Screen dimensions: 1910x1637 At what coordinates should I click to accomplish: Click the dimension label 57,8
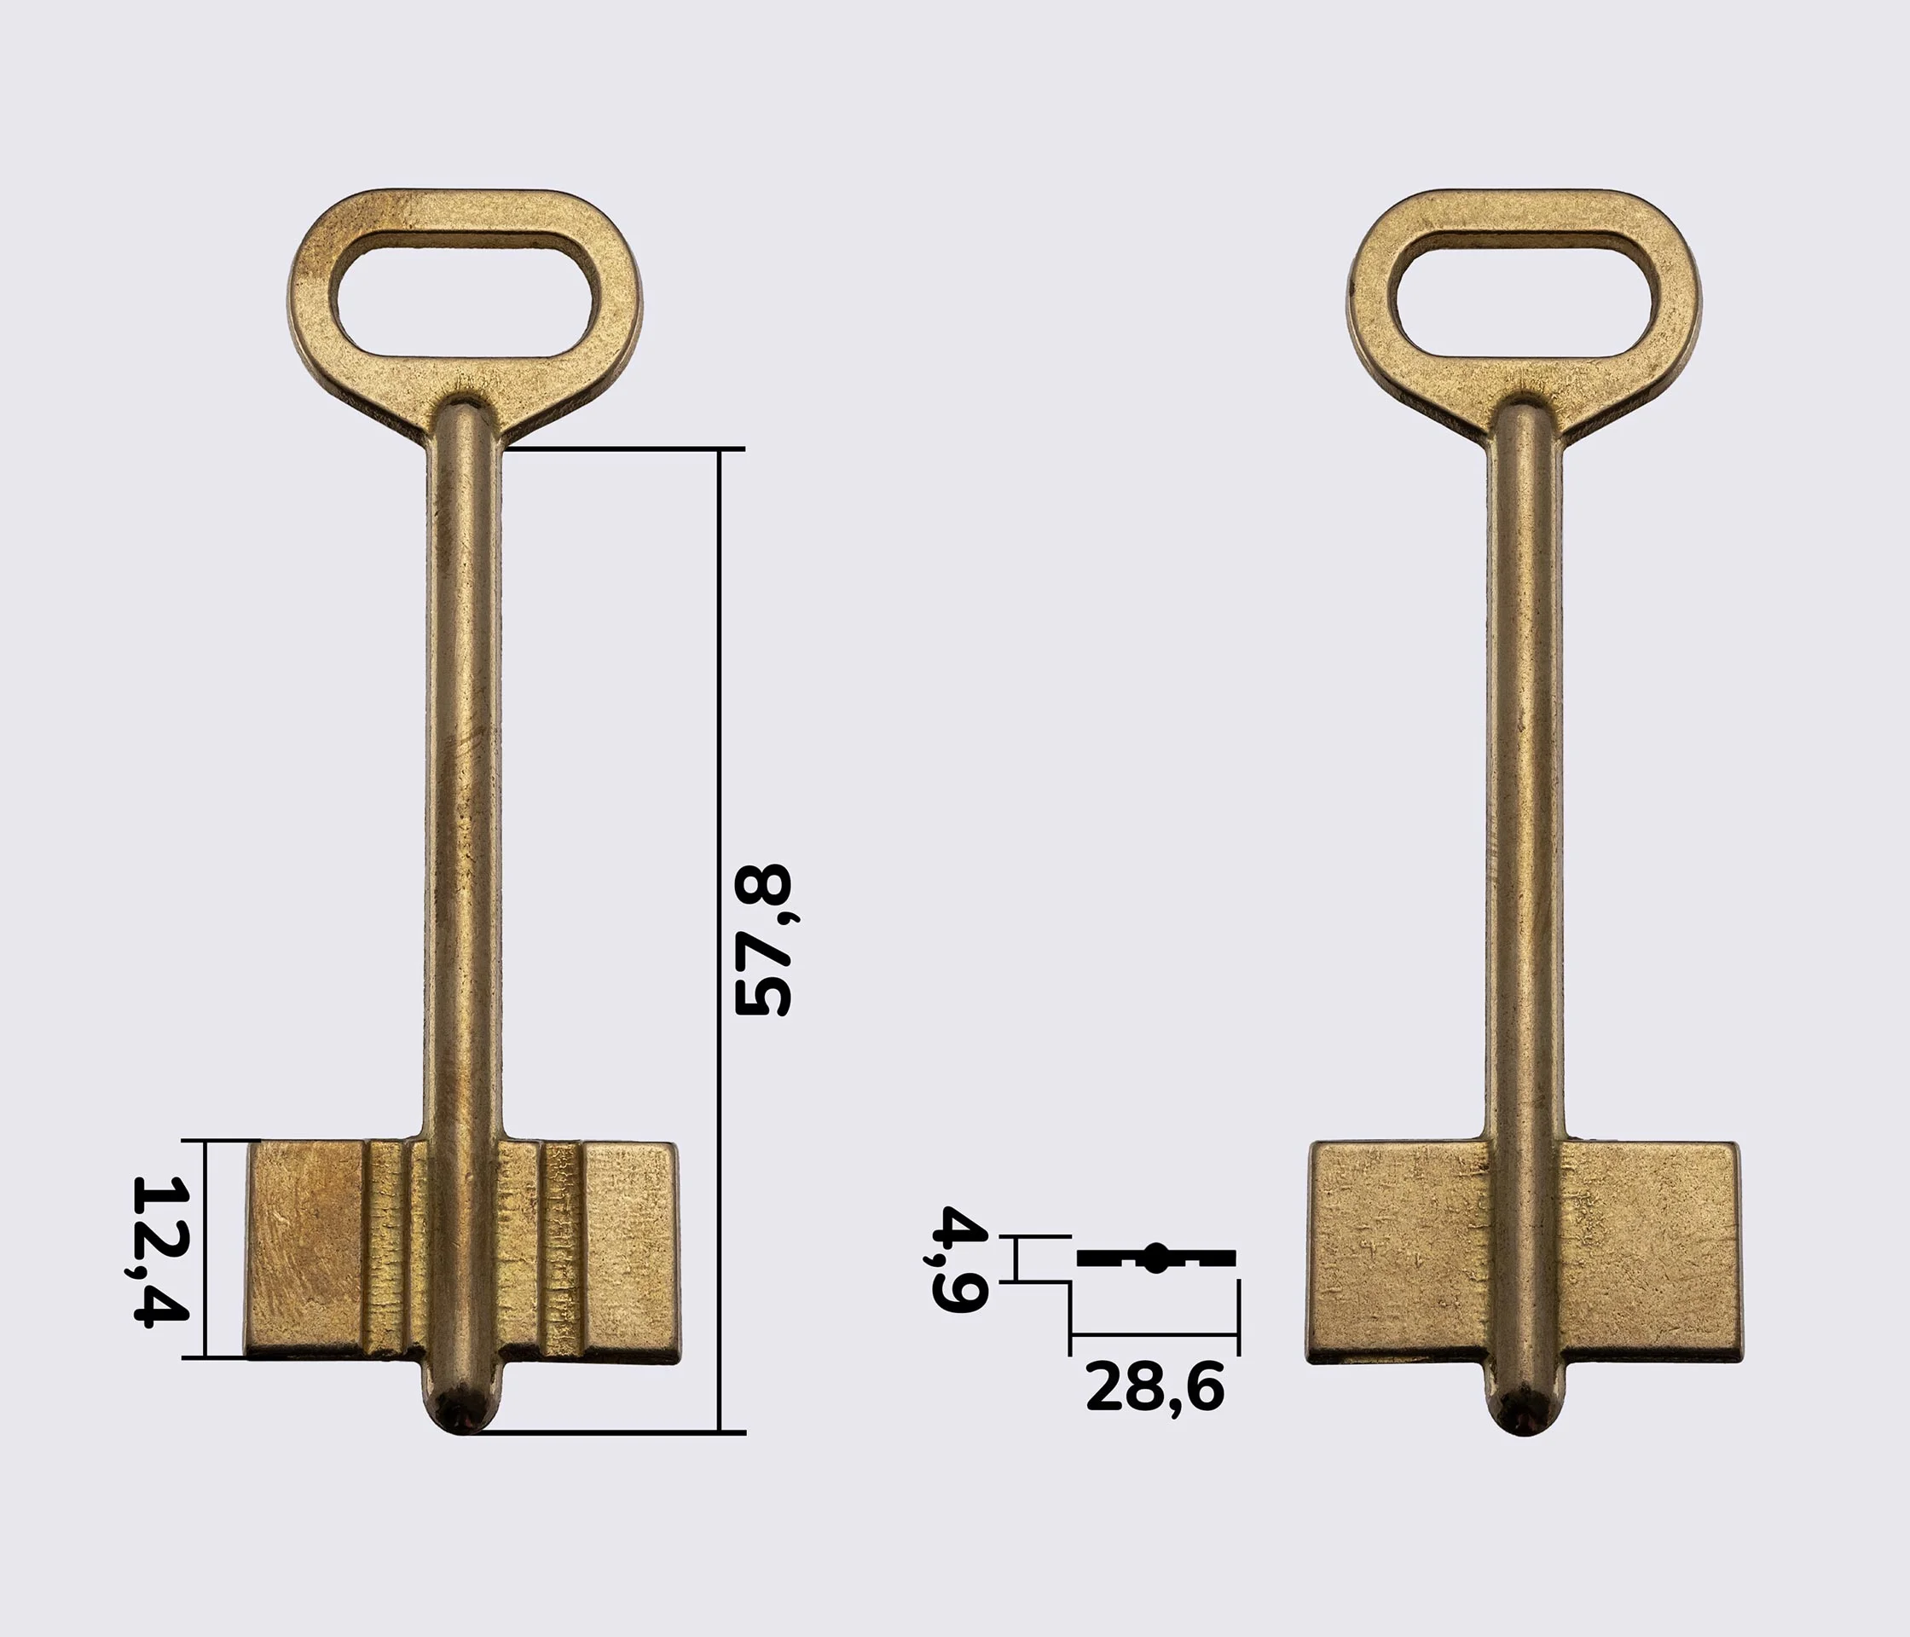[762, 940]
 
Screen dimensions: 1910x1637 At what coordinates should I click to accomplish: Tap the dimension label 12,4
[160, 1251]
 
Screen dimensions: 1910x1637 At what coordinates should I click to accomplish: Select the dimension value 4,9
[959, 1258]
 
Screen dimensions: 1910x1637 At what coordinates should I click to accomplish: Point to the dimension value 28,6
[1155, 1386]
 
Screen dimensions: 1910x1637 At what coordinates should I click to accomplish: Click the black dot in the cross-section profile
[1155, 1258]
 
